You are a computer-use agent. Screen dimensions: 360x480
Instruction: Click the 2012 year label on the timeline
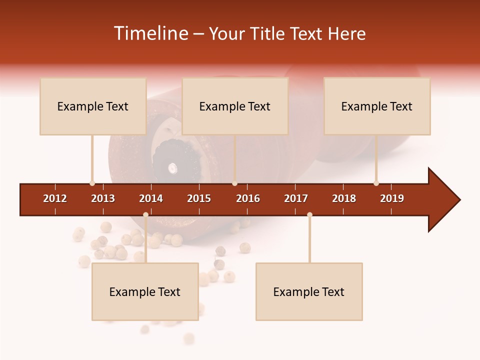click(55, 198)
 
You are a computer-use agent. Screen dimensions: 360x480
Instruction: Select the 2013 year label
click(103, 198)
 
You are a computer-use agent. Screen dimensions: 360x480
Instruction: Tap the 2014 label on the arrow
click(151, 198)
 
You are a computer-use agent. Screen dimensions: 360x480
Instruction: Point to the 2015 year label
click(199, 198)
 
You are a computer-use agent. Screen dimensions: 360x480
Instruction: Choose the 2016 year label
click(248, 198)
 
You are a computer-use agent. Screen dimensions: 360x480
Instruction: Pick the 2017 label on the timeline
click(296, 198)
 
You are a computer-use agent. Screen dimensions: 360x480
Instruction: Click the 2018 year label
click(344, 198)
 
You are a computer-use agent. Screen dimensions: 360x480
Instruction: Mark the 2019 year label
click(392, 198)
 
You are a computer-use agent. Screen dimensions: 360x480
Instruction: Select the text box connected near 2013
click(93, 106)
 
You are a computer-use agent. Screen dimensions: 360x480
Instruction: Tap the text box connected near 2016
click(235, 106)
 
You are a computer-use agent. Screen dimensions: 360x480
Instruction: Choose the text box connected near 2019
click(377, 106)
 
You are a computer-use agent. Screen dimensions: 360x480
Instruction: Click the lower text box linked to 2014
click(145, 291)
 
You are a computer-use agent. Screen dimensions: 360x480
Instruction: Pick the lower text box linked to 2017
click(309, 291)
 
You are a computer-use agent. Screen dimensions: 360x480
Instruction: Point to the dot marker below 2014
click(145, 215)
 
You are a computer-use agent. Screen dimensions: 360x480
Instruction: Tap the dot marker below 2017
click(309, 215)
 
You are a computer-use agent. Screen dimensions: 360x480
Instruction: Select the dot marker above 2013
click(92, 183)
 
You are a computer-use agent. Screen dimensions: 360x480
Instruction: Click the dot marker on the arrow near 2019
click(376, 183)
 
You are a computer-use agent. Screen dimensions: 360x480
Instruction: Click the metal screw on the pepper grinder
click(172, 167)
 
